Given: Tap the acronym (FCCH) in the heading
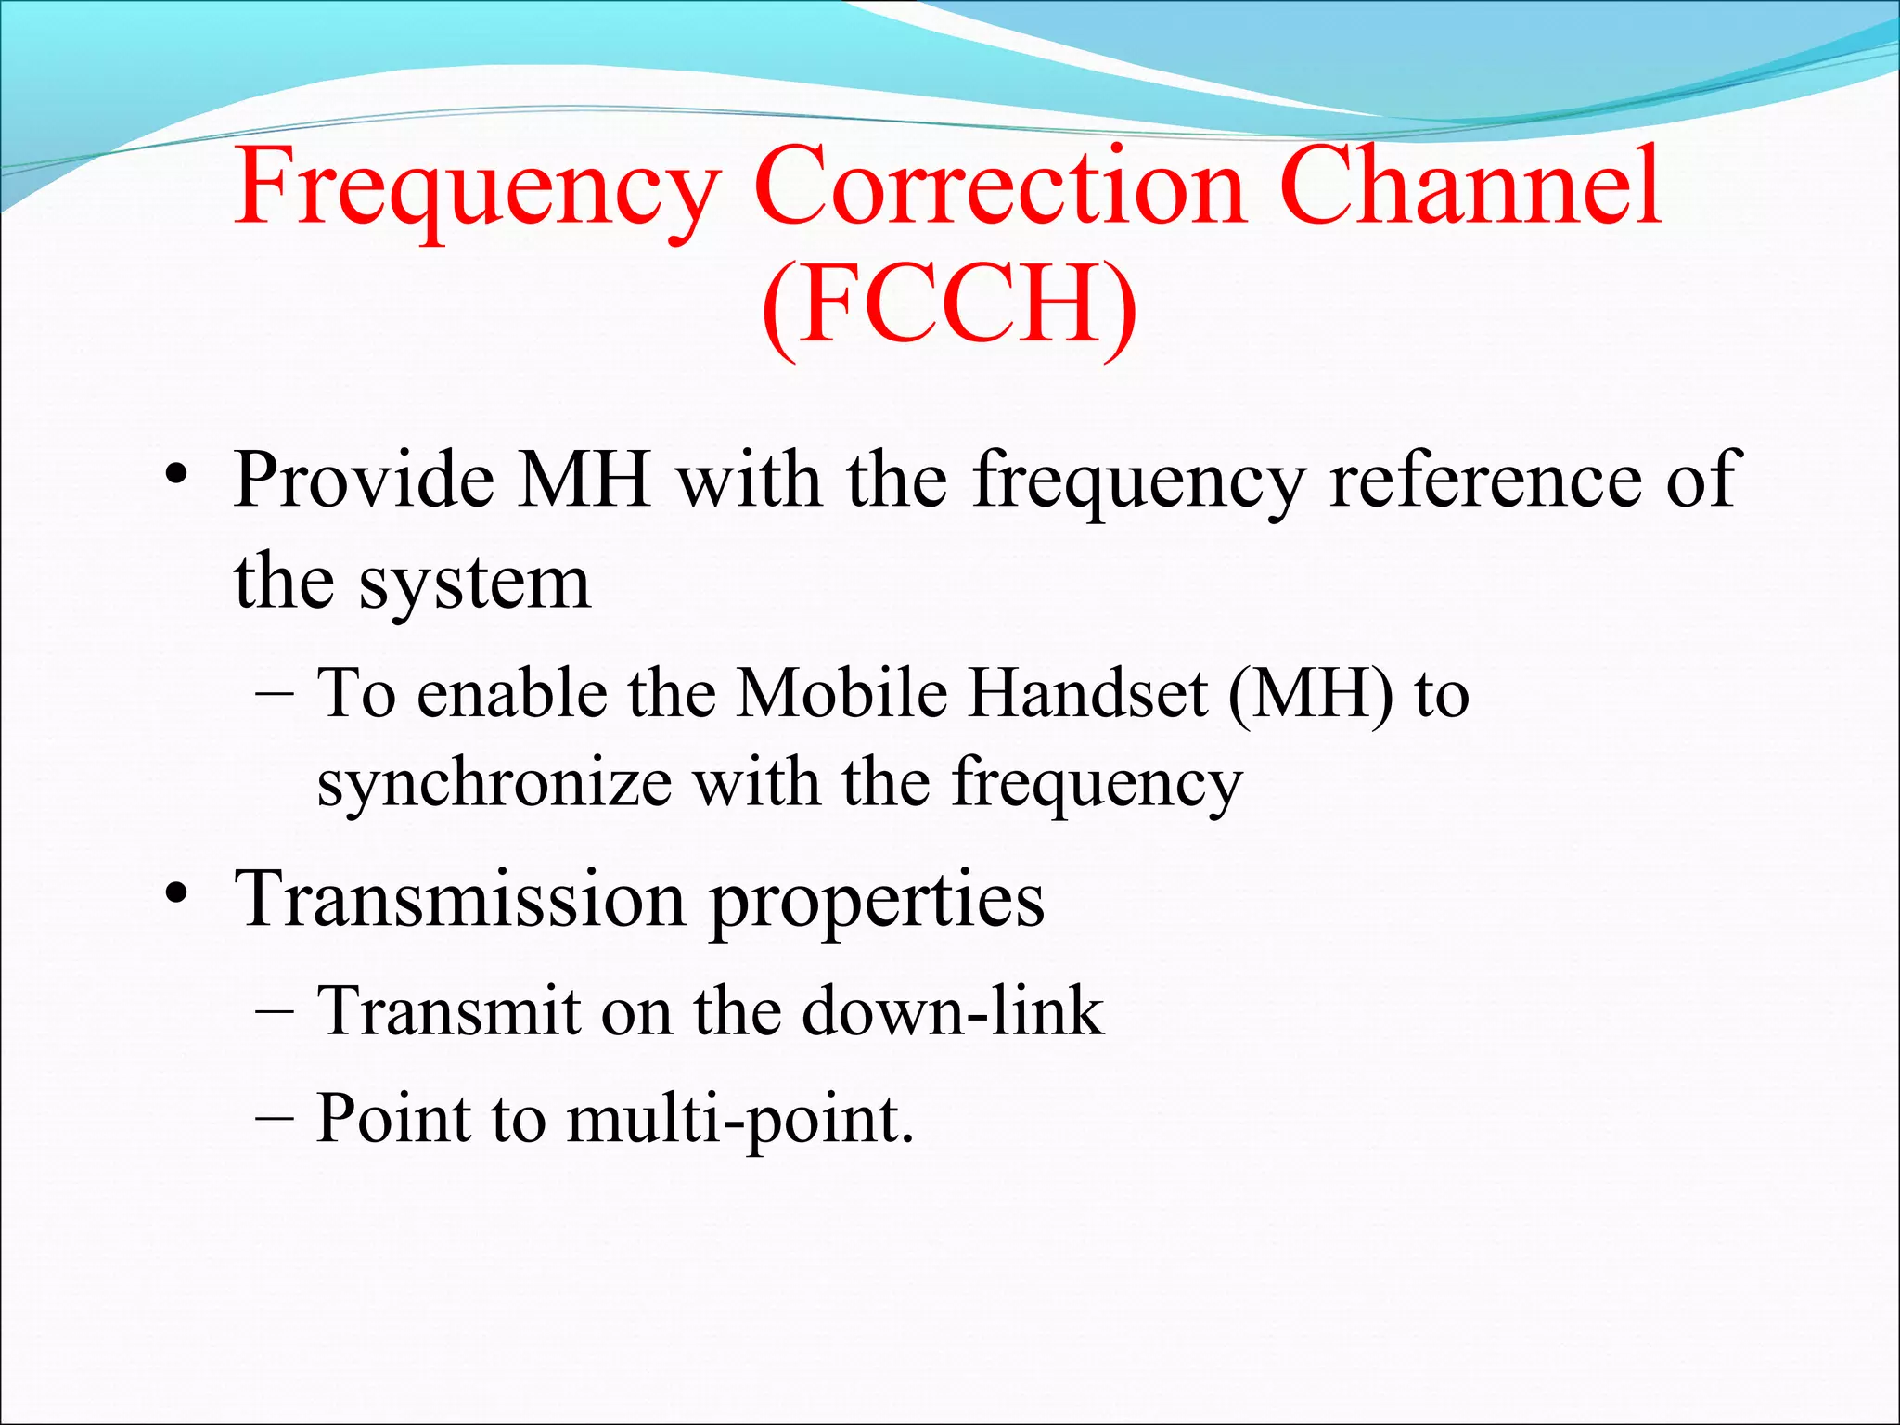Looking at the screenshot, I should click(949, 306).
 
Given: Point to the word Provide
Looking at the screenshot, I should click(364, 481).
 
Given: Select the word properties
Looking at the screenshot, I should click(877, 905).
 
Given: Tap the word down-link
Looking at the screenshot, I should click(953, 1011).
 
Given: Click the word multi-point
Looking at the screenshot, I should click(739, 1121).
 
